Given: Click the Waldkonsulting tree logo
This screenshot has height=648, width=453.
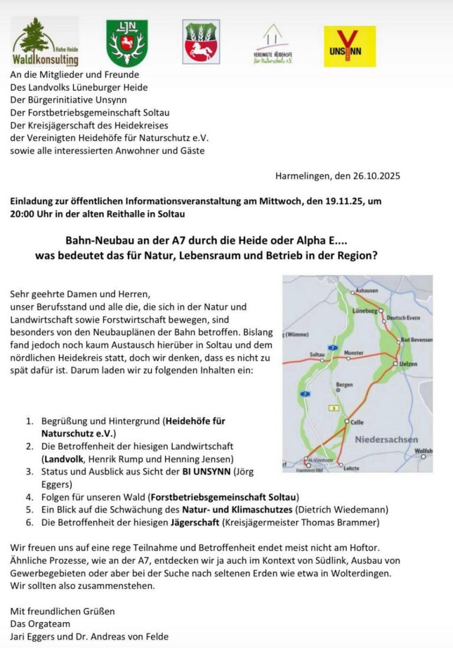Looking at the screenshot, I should click(44, 41).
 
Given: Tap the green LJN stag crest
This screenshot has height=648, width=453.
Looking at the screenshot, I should click(127, 42).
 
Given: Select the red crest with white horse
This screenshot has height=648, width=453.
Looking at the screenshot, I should click(201, 41).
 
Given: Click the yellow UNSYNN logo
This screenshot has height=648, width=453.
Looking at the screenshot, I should click(349, 46).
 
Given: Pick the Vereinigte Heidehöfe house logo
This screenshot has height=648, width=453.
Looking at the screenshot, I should click(273, 44).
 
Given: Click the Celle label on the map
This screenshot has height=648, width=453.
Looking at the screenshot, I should click(357, 422).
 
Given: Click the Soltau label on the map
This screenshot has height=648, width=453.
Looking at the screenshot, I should click(317, 354).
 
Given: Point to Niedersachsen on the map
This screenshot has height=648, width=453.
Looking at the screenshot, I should click(386, 439).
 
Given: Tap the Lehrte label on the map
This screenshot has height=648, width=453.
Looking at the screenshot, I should click(352, 468).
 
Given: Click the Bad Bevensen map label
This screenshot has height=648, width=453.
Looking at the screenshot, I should click(416, 340).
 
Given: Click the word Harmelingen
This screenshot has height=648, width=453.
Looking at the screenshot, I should click(301, 176).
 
